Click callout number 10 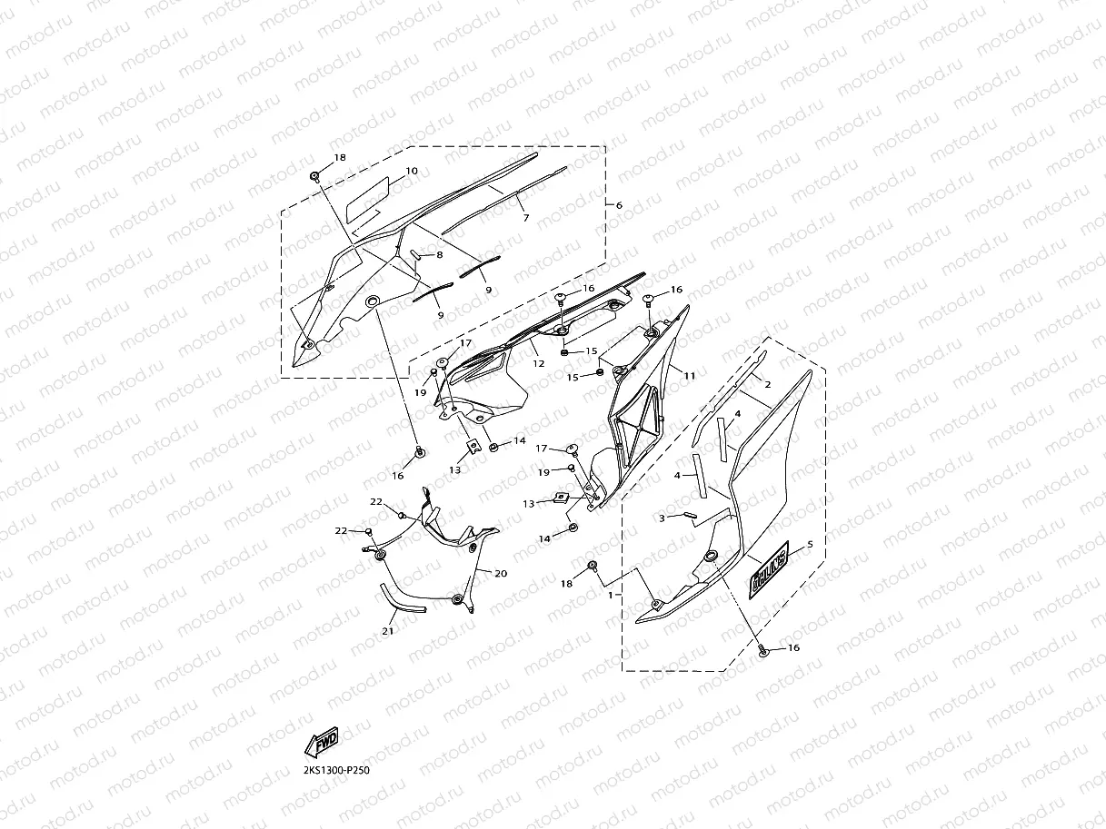tap(412, 171)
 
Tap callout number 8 tap(439, 256)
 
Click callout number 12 tap(538, 363)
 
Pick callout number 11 tap(690, 374)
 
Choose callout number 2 tap(767, 385)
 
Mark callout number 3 tap(663, 517)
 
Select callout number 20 tap(502, 573)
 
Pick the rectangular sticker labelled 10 tap(369, 194)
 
